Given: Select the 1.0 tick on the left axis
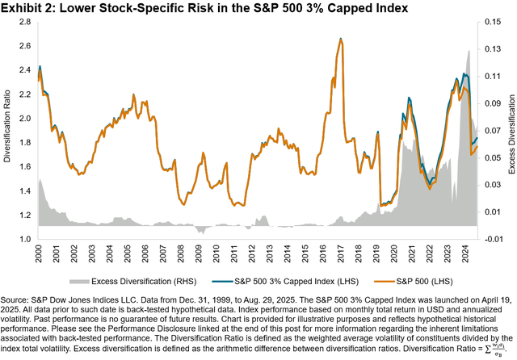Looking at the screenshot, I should pos(23,240).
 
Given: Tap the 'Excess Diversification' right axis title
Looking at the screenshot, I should pos(511,132).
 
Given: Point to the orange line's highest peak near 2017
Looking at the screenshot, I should pos(342,39).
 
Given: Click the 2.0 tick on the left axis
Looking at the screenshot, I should pos(23,118).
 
